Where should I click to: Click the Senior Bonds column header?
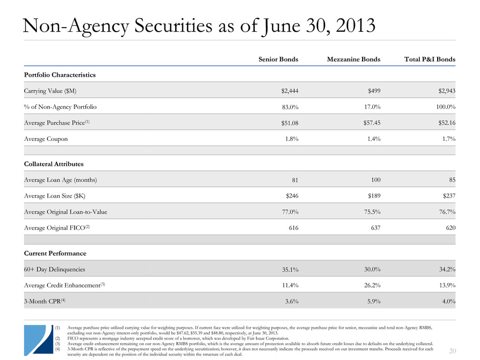(278, 59)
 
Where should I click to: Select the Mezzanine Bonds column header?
(353, 59)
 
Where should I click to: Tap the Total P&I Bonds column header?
(425, 59)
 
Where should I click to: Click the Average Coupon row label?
(45, 139)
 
